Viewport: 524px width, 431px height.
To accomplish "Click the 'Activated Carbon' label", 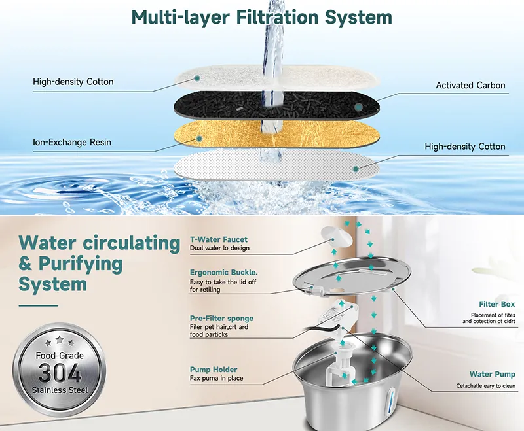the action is [470, 86].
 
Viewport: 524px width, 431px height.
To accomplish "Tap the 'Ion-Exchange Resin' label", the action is [72, 143].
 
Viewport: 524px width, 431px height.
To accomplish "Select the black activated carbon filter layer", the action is [276, 105].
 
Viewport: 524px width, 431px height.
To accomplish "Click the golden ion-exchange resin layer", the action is [276, 135].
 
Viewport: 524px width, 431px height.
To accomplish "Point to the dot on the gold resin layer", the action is [199, 139].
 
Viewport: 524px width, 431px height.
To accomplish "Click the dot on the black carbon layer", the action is [358, 107].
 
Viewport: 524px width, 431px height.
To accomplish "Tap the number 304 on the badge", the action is [60, 373].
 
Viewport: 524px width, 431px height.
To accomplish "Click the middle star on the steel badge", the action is [60, 340].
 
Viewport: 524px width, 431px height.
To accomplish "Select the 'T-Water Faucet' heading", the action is [219, 239].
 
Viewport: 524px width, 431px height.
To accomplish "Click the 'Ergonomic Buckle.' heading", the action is [224, 273].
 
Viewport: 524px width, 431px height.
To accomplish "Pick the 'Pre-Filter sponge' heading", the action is [221, 319].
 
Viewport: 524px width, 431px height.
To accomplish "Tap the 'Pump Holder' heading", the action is [214, 370].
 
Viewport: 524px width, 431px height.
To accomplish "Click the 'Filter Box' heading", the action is [497, 304].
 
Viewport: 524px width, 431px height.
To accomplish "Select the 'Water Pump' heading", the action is [493, 374].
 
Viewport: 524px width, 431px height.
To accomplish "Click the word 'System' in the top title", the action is [358, 18].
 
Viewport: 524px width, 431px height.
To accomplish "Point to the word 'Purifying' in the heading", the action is [81, 264].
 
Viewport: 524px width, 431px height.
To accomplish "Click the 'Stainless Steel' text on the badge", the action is [60, 390].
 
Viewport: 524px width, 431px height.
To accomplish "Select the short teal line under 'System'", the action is [39, 305].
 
